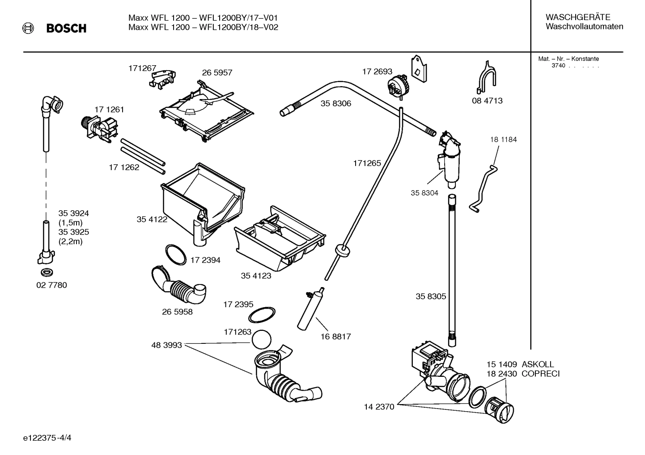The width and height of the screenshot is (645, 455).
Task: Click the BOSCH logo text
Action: tap(66, 29)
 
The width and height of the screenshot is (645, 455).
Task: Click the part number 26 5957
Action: tap(217, 72)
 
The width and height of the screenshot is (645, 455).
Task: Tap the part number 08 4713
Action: tap(487, 100)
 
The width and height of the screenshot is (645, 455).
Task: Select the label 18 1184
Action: tap(503, 139)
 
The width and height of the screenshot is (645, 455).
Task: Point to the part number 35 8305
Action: tap(431, 296)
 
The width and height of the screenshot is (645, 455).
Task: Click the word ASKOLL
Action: tap(538, 364)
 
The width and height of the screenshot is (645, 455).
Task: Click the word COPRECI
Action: tap(540, 374)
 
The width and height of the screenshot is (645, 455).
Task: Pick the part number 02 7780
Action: tap(51, 285)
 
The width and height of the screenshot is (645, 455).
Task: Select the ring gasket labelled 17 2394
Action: tap(175, 254)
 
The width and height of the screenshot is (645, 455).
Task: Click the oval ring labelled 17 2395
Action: tap(262, 314)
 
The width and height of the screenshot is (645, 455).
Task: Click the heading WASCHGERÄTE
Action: tap(577, 17)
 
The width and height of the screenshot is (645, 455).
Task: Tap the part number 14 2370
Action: tap(379, 407)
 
